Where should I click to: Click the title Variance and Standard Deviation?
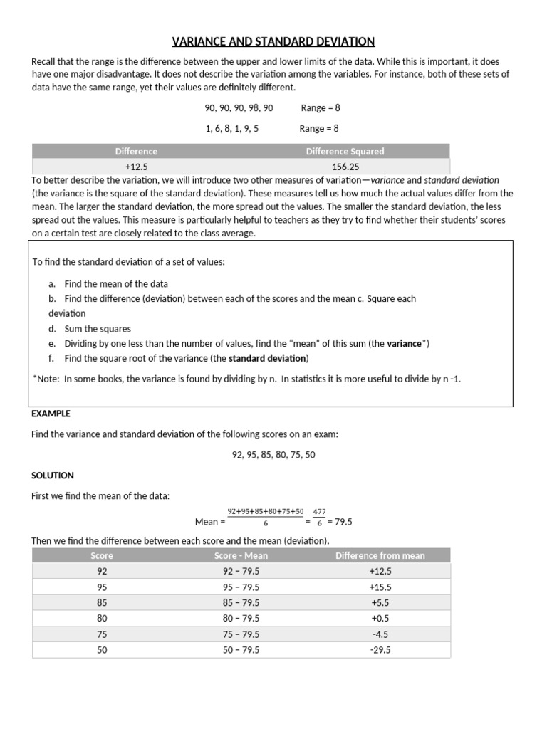(273, 41)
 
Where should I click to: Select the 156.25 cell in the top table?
(344, 167)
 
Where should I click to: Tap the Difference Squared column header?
(345, 151)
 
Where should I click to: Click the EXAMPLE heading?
(51, 414)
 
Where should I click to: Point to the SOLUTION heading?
(53, 475)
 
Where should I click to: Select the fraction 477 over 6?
(319, 517)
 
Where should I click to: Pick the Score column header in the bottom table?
(102, 555)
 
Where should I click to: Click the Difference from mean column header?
(380, 555)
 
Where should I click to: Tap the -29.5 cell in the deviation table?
(380, 650)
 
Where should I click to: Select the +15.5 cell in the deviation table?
(380, 587)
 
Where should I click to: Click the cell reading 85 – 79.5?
(241, 603)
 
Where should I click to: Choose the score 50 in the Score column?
(102, 650)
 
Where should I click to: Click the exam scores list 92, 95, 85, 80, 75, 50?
(273, 454)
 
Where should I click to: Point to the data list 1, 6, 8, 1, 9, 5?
(231, 129)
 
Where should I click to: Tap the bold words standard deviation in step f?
(267, 358)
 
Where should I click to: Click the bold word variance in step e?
(404, 343)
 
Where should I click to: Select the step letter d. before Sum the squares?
(52, 329)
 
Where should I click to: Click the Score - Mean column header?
(241, 555)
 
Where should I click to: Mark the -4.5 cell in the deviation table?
(380, 634)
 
